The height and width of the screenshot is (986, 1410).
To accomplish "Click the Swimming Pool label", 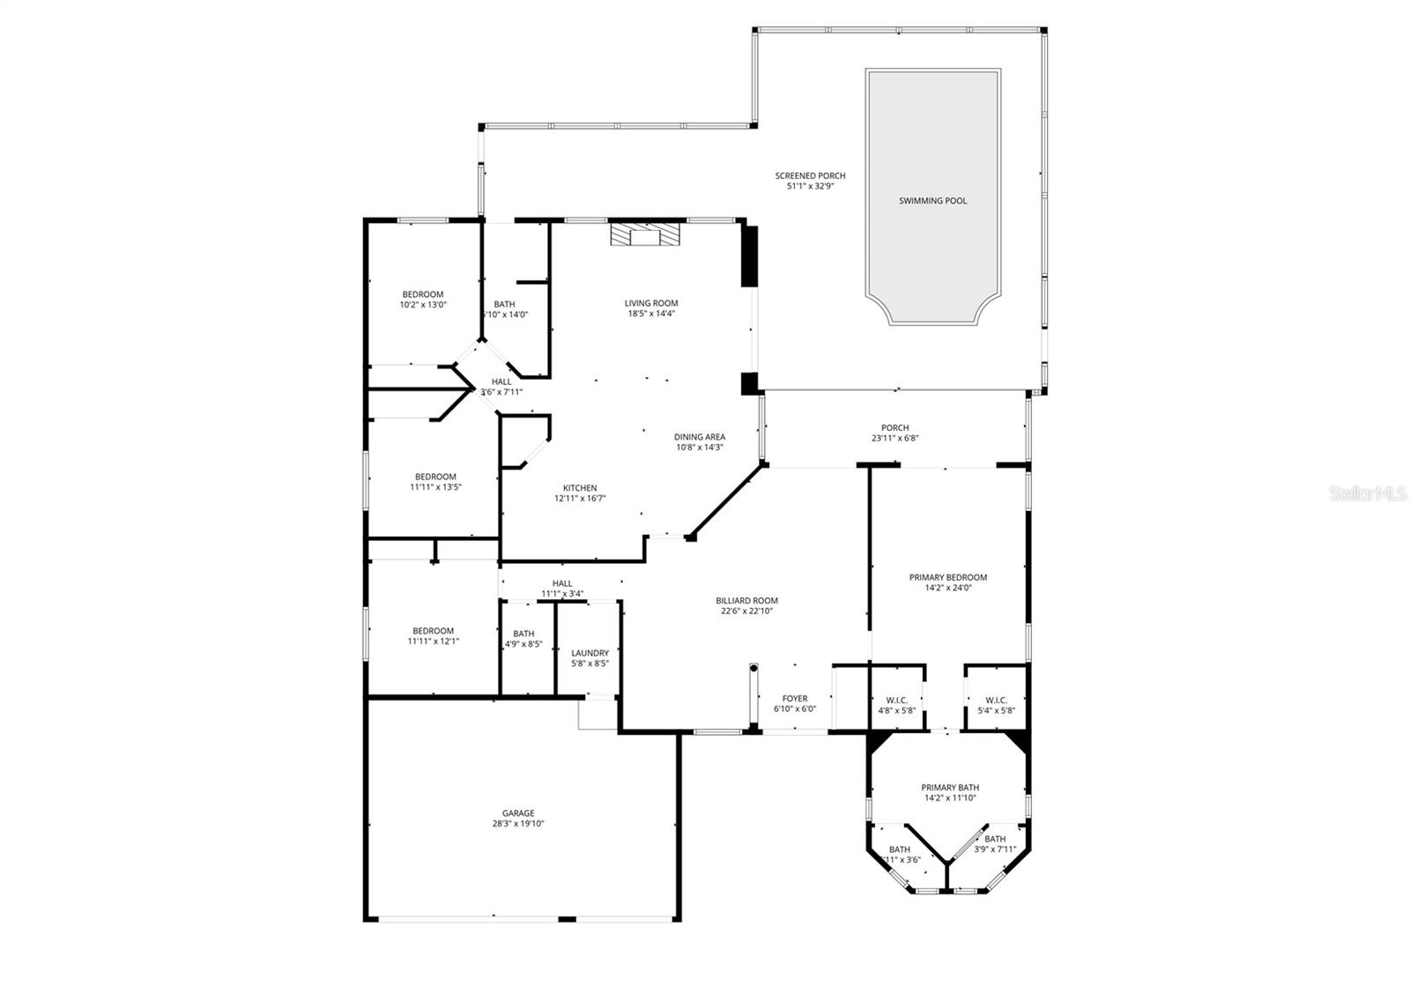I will (x=932, y=201).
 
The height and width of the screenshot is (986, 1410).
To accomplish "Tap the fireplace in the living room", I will (x=646, y=234).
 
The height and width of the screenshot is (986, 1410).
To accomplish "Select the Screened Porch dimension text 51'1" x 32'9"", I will (x=810, y=187).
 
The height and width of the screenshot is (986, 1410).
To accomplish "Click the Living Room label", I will (x=651, y=303).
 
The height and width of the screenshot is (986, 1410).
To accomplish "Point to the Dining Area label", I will (x=700, y=436).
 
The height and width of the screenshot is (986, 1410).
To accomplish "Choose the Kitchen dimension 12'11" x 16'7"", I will (x=580, y=499).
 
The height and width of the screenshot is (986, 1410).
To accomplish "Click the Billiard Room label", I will (x=746, y=600).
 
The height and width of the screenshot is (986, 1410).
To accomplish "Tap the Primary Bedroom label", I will (x=947, y=577).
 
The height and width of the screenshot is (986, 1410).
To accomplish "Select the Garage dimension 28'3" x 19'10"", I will (x=518, y=825).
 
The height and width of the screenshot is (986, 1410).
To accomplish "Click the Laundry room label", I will (x=590, y=653).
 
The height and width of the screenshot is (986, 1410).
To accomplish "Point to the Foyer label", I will (x=795, y=699).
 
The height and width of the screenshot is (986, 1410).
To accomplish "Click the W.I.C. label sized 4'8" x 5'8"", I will (x=896, y=701).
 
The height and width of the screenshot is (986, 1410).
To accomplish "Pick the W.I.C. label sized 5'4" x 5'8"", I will (x=996, y=701).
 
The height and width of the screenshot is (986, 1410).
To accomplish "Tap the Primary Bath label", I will (x=950, y=788).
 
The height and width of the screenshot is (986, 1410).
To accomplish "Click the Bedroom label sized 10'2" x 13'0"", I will (x=423, y=294).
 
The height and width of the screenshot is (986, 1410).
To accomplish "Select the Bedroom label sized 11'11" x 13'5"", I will (x=435, y=477).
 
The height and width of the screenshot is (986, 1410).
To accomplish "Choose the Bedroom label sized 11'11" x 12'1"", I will (x=434, y=631).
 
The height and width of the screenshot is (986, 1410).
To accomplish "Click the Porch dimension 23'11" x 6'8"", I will (x=894, y=438).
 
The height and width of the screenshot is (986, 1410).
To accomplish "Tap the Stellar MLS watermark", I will (x=1367, y=494).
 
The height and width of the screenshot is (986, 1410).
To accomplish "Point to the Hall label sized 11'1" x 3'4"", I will (x=562, y=583).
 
